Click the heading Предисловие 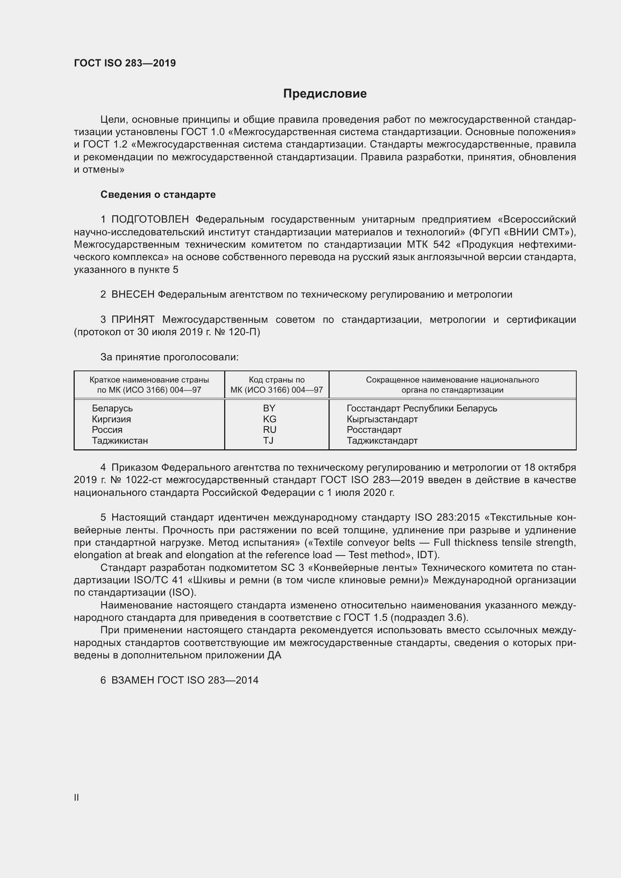[325, 94]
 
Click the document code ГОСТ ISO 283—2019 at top [125, 63]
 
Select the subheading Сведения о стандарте [158, 195]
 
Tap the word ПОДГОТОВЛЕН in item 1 [150, 220]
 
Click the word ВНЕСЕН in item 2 [133, 294]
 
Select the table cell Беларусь [112, 408]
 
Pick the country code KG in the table [269, 419]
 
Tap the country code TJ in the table [268, 441]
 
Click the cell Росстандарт [374, 430]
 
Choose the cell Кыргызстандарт [382, 419]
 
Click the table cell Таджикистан [120, 441]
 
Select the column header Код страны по [276, 380]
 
